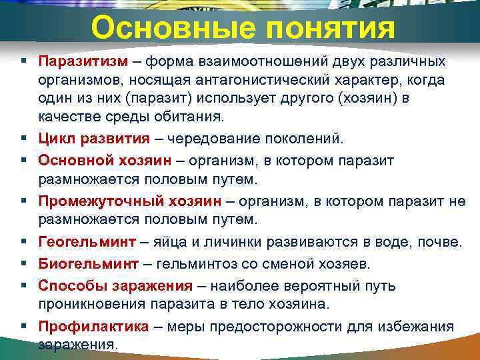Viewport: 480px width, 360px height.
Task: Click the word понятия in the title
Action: (x=324, y=28)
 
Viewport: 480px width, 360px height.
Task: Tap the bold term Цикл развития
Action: (x=94, y=139)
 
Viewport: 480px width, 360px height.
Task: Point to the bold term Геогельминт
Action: (x=87, y=241)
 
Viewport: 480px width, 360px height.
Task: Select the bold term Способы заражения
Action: (x=115, y=285)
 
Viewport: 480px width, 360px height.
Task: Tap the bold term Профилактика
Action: (x=93, y=327)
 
